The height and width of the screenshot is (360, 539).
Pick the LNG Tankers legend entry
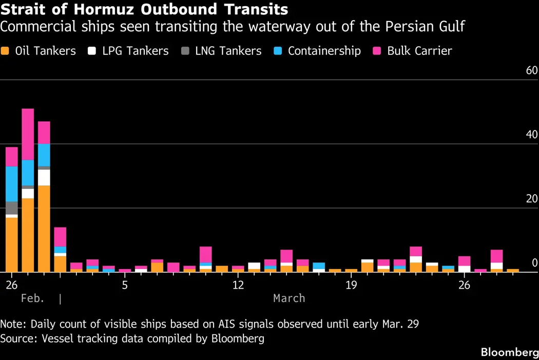pos(221,51)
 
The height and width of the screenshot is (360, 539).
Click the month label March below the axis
pos(289,298)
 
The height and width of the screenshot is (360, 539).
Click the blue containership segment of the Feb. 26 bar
pos(11,184)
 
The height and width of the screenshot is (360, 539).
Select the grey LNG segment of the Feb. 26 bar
pos(11,208)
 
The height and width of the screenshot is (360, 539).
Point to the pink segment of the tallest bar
pos(28,135)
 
